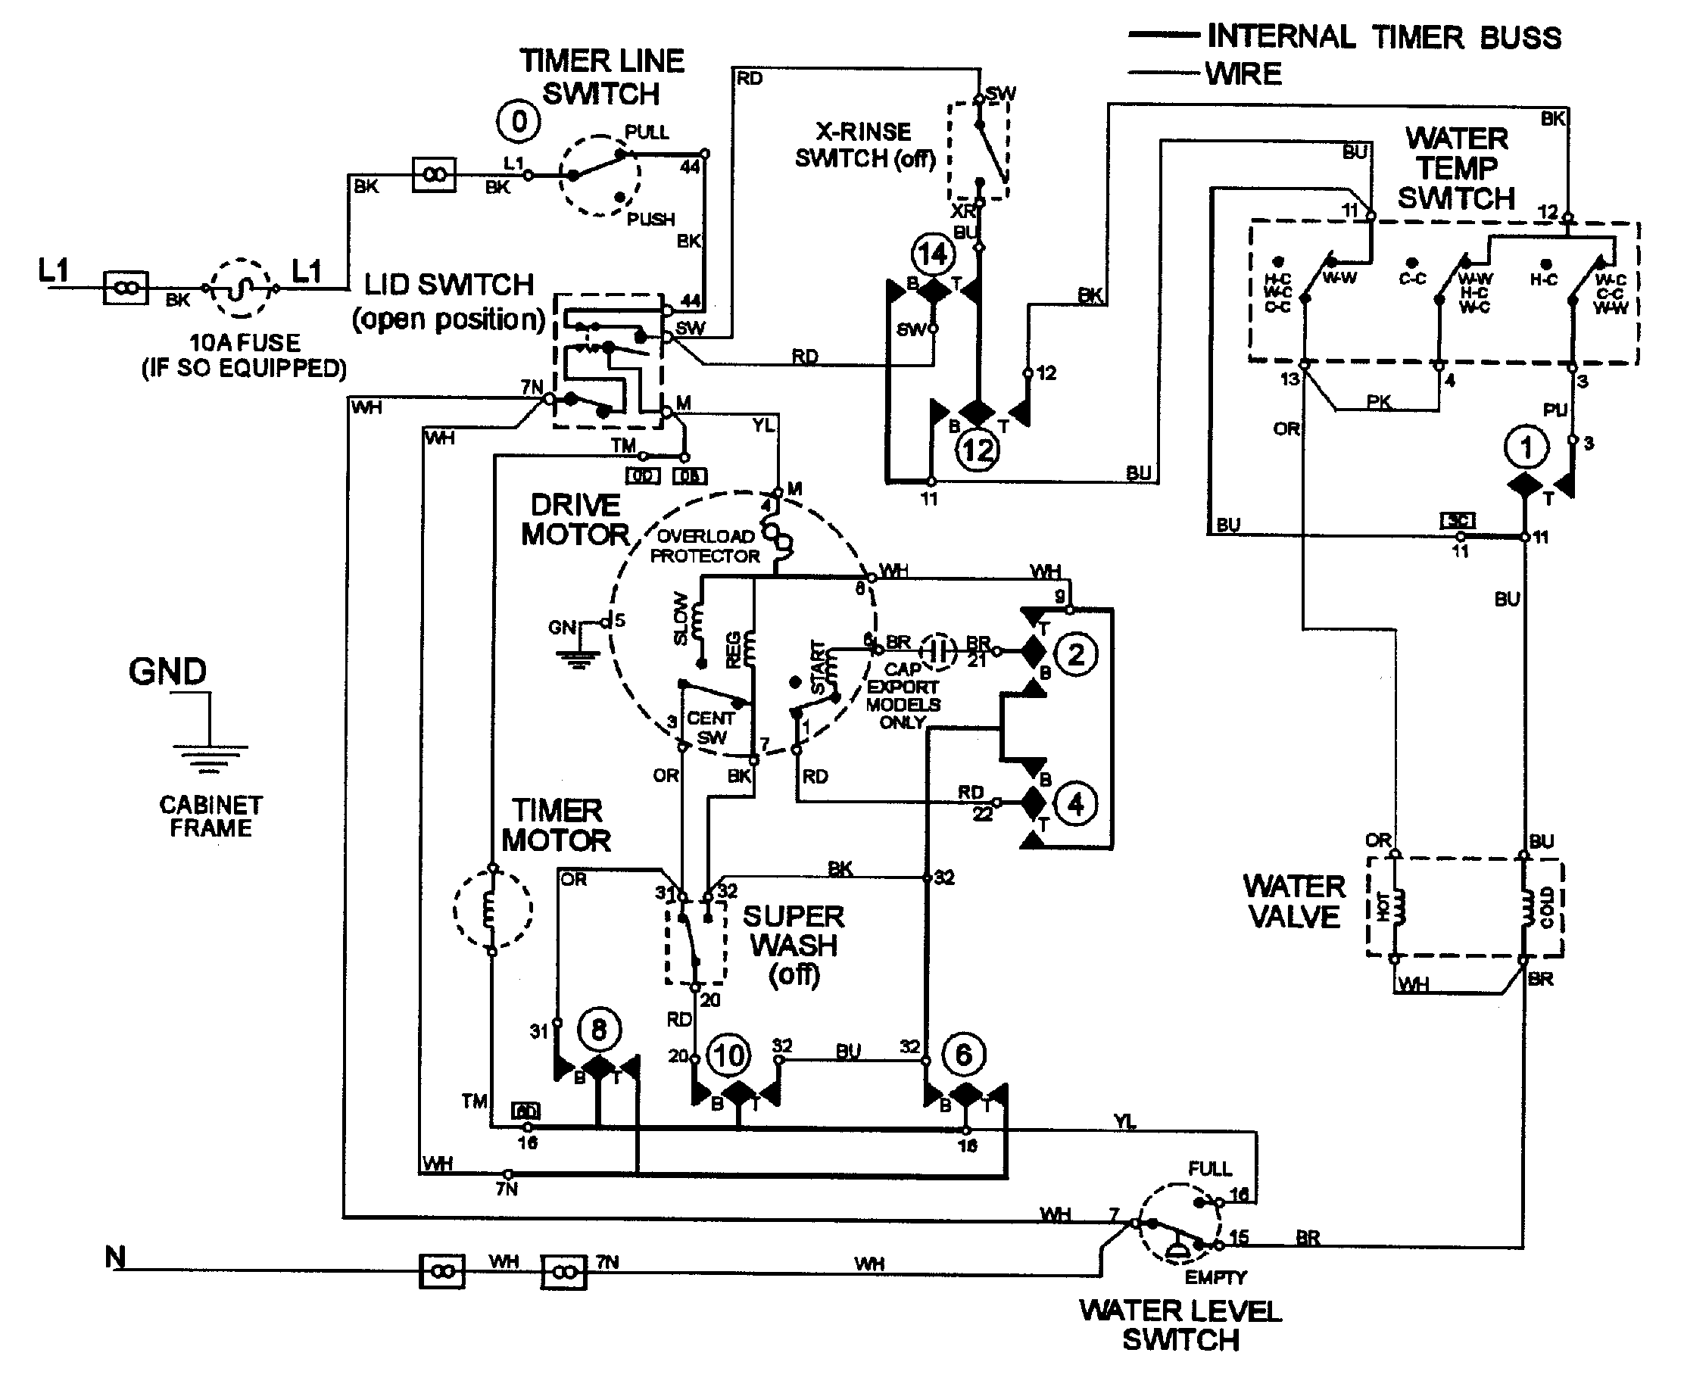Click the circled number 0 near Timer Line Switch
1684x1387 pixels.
point(519,122)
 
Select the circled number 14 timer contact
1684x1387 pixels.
point(932,255)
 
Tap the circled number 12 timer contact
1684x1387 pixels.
point(978,450)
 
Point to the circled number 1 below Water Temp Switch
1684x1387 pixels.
point(1526,447)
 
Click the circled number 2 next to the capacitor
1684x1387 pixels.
point(1076,654)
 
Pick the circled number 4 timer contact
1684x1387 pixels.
point(1076,804)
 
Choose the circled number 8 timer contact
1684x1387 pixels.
point(598,1030)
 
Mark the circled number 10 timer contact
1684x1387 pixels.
point(728,1055)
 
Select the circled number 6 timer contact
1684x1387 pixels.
point(963,1055)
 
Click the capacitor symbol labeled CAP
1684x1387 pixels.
point(940,651)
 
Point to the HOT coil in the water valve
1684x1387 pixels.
point(1396,908)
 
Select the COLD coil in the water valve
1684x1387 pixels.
point(1527,908)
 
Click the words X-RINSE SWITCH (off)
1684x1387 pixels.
point(865,145)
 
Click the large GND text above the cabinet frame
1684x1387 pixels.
point(168,671)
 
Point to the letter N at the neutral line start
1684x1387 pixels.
point(115,1258)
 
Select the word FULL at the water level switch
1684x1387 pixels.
point(1209,1169)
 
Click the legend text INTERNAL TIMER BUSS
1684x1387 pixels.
point(1383,37)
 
